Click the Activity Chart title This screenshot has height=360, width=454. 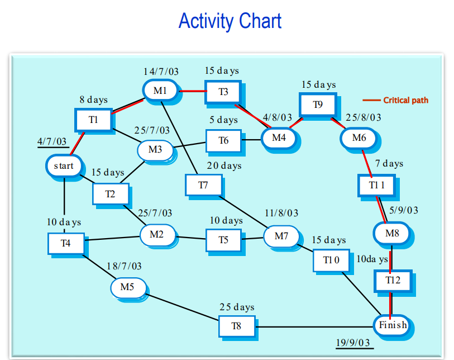coord(230,21)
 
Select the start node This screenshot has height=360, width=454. coord(64,166)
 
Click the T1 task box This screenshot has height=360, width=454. coord(93,119)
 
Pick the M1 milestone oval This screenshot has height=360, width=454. coord(160,90)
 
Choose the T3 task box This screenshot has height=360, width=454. coord(223,92)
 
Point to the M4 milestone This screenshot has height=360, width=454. coord(278,138)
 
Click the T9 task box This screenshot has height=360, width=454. coord(317,105)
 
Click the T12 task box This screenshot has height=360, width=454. coord(393,280)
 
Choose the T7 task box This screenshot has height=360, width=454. coord(203,185)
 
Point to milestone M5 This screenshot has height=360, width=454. coord(127,287)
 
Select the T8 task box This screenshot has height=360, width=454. coord(237,326)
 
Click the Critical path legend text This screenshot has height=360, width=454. coord(405,101)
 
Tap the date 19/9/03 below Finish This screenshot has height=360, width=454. coord(353,342)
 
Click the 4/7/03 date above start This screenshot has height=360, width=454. coord(51,142)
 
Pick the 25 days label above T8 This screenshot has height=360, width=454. coord(237,307)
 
